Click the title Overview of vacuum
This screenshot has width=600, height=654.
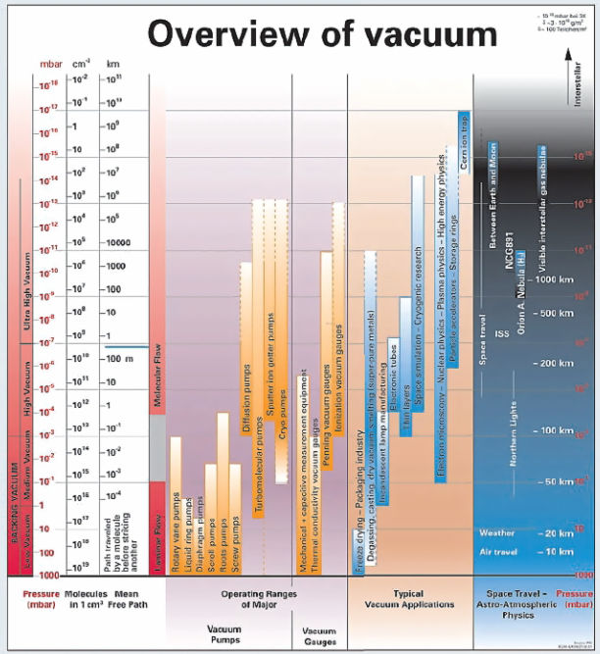point(323,35)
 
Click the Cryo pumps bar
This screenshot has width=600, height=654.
point(281,343)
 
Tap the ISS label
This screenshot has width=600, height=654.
point(503,334)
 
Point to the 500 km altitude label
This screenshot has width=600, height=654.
point(557,314)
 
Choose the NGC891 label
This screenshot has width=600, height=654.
point(511,261)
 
